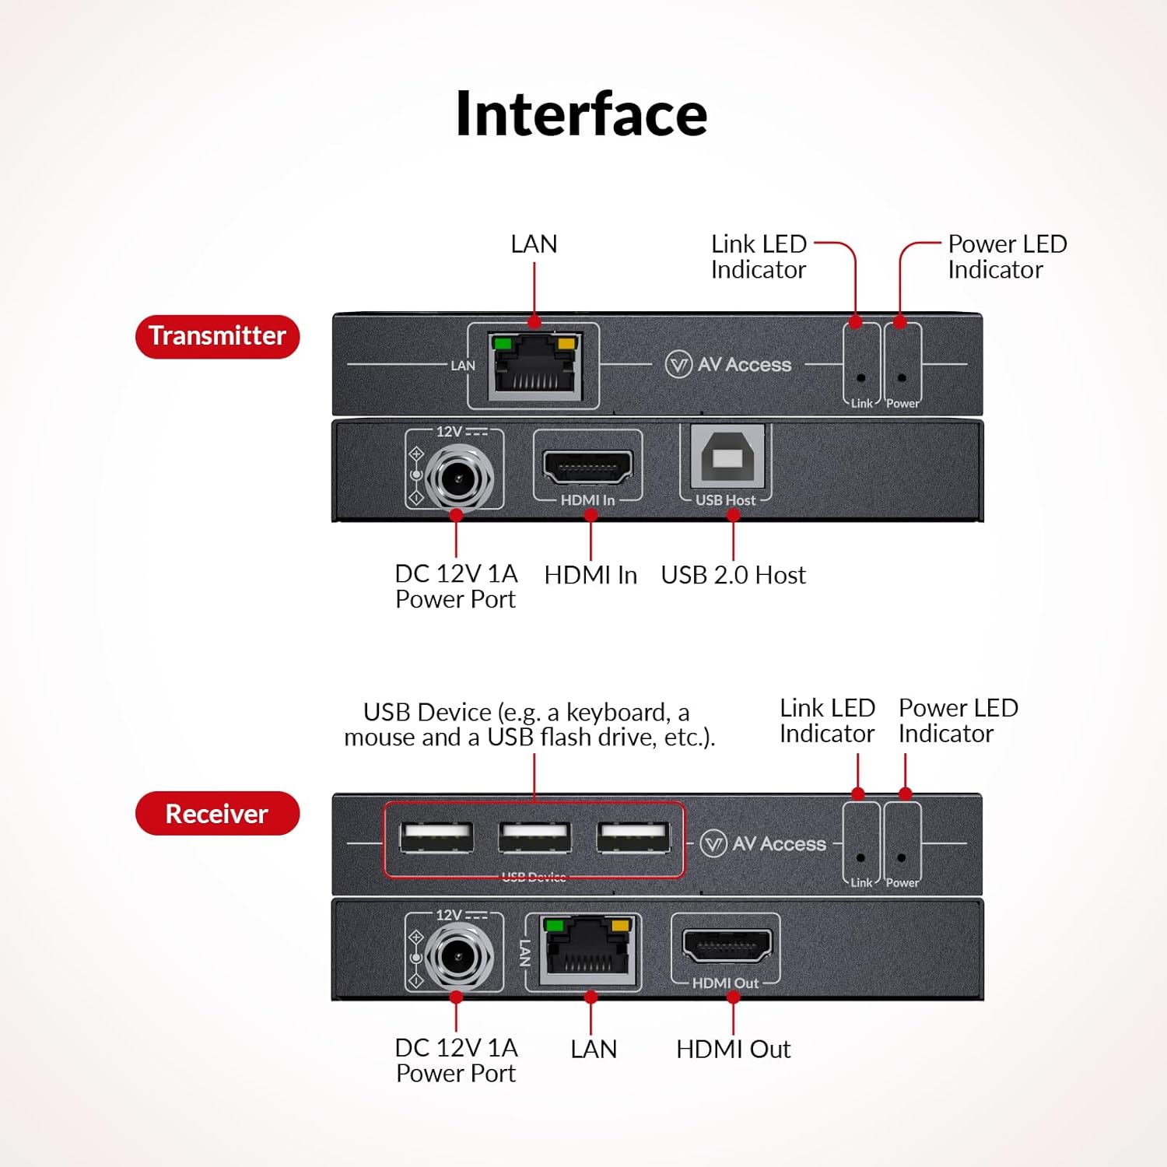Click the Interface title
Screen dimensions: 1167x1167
[x=581, y=114]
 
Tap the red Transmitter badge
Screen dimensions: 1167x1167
[x=217, y=336]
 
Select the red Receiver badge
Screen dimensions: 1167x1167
[x=217, y=814]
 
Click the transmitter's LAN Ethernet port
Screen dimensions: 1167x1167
[x=534, y=366]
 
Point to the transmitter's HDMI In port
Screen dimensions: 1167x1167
[x=587, y=468]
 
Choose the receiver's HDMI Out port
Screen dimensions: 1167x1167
[x=726, y=946]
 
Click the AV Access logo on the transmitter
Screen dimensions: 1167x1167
[x=729, y=364]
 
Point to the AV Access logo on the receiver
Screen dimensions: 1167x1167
[x=763, y=843]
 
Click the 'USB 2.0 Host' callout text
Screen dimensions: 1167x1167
[x=733, y=575]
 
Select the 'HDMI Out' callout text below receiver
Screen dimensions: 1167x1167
[x=733, y=1049]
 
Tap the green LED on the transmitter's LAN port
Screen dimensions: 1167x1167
[x=503, y=343]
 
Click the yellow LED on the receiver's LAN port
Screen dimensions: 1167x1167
[x=621, y=925]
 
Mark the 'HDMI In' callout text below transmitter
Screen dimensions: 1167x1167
[x=591, y=575]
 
